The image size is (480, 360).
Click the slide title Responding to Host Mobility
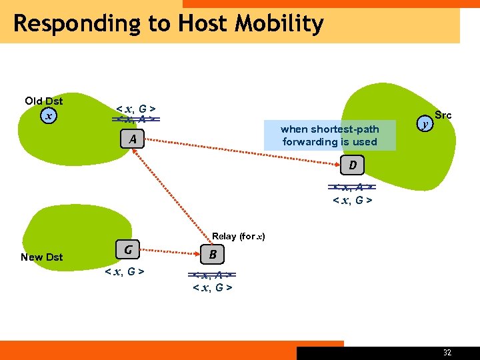168,24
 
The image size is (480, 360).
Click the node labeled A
133,139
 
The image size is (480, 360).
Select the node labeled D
353,164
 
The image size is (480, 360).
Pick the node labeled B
212,254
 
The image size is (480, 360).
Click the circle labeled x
47,116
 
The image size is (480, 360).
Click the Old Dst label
44,101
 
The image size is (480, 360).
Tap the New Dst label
41,257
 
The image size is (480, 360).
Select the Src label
443,115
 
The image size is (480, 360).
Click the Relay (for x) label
239,236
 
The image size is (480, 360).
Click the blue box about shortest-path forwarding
329,135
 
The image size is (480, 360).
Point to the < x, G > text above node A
136,108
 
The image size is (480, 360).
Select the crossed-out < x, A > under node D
352,187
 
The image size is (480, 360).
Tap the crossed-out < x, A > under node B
212,275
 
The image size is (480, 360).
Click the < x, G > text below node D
352,200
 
